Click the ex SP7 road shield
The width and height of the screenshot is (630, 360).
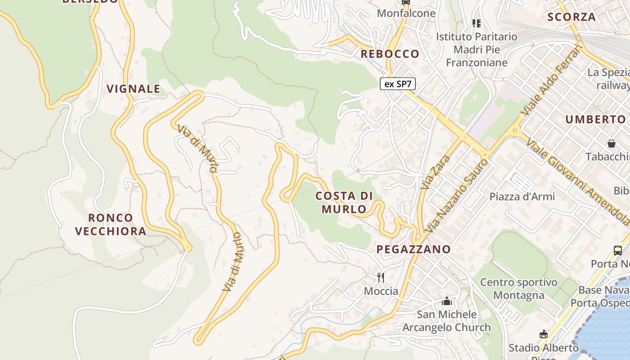coord(398,84)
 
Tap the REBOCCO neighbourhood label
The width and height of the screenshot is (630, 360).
coord(390,54)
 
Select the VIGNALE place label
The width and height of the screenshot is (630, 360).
coord(134,89)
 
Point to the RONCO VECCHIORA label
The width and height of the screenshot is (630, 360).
coord(111,225)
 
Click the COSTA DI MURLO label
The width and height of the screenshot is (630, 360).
coord(344,202)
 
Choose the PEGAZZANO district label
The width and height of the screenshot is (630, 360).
coord(414,249)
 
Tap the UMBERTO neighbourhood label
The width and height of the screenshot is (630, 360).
coord(596,119)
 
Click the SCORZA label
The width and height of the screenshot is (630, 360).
coord(571,17)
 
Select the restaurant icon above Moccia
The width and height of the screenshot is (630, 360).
coord(381,277)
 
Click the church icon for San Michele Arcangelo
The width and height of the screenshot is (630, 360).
coord(447,301)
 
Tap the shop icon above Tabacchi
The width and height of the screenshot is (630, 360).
coord(612,144)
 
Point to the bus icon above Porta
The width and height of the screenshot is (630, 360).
coord(618,251)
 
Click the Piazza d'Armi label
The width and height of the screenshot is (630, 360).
coord(522,197)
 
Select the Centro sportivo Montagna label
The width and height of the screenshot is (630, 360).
coord(518,289)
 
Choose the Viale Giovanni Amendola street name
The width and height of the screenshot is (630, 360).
coord(580,180)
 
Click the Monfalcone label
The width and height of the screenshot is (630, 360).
coord(406,13)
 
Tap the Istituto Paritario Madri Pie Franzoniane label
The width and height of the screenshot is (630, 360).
coord(477,49)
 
